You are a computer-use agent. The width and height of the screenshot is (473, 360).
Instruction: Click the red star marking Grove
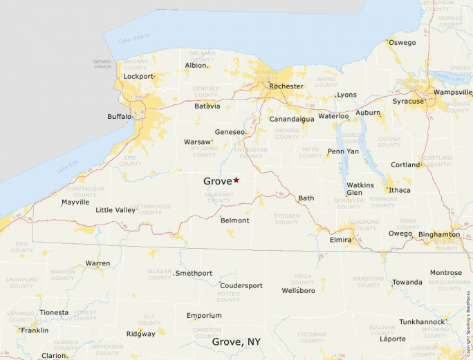point(236,180)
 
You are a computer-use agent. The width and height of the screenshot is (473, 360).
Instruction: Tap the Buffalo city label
point(119,117)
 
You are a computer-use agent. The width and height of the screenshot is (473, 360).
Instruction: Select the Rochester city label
point(286,86)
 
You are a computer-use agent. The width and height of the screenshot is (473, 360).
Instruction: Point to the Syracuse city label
point(408,101)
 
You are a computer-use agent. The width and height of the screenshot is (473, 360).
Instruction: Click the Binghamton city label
point(438,234)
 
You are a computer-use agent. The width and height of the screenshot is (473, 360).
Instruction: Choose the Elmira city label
point(340,240)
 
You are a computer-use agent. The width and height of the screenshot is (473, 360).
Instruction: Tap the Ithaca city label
point(400,190)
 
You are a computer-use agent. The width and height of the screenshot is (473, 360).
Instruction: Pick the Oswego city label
point(402,43)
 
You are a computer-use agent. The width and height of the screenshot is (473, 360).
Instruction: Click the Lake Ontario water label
point(133,37)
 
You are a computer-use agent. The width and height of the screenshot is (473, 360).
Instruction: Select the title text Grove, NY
point(236,342)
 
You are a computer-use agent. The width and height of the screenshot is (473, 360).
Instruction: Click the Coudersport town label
point(241,285)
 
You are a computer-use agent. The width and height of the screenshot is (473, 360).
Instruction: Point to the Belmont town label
point(234,220)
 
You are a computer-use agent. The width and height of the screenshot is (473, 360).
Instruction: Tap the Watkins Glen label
point(360,189)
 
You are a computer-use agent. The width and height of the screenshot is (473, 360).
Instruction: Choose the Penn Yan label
point(343,151)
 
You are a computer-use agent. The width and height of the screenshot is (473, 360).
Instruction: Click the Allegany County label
point(221,198)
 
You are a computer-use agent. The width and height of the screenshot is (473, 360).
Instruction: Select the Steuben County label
point(286,219)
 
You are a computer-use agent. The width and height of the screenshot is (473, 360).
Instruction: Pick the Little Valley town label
point(115,210)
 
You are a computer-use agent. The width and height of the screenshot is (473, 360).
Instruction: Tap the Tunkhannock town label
point(422,322)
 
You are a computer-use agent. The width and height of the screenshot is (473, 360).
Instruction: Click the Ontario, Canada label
point(102,64)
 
